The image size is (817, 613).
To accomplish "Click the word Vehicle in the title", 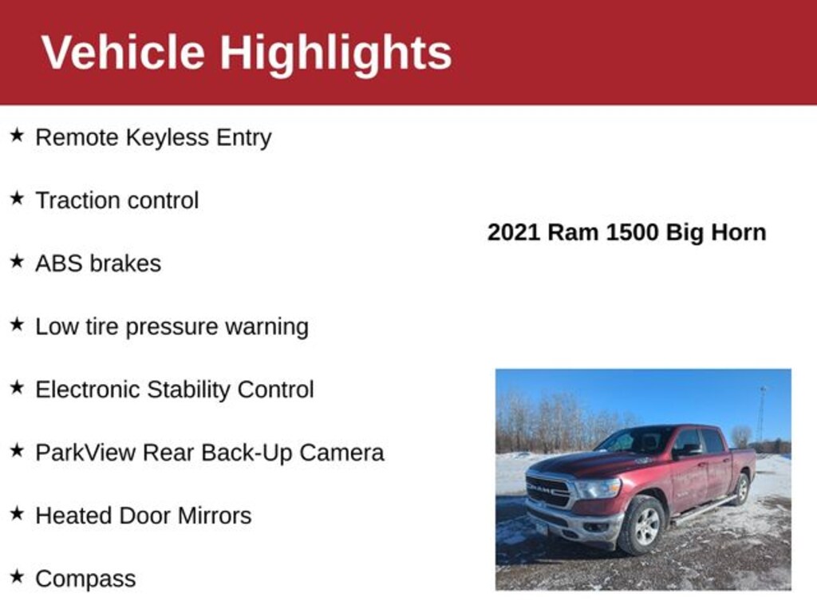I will [x=123, y=53].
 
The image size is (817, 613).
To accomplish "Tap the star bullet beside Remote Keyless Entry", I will [x=17, y=136].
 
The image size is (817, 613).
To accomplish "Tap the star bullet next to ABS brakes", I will [x=17, y=262].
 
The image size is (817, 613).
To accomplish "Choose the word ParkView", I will [x=85, y=453].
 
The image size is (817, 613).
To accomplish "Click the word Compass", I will [x=85, y=579].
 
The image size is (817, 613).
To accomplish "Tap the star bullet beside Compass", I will [x=17, y=576].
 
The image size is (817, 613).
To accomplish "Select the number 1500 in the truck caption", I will [x=632, y=232].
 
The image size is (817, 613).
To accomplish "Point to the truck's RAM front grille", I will [x=547, y=489].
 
